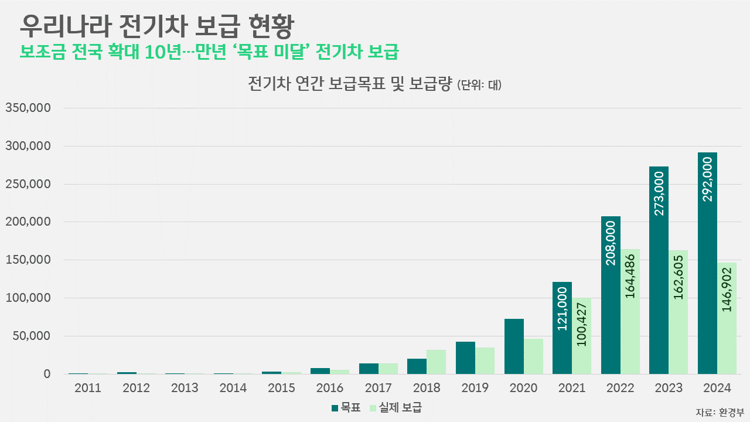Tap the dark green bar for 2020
(x=514, y=346)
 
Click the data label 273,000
(x=659, y=193)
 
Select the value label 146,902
(x=727, y=290)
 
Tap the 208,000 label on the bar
(x=611, y=243)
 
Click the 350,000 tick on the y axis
(x=28, y=108)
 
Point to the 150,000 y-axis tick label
(x=28, y=260)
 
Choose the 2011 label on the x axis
(x=88, y=388)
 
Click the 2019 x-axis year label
(x=475, y=388)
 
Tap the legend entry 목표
(x=346, y=408)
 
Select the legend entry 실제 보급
(x=396, y=408)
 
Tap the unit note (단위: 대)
(x=479, y=85)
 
